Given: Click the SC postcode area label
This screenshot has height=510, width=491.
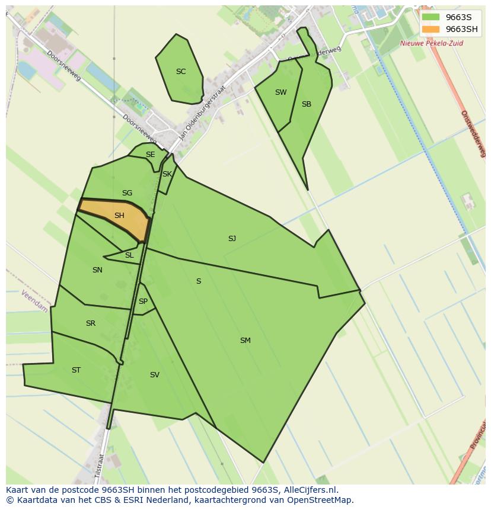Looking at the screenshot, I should coord(181,72).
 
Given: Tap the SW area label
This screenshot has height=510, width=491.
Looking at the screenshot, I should coord(280,92).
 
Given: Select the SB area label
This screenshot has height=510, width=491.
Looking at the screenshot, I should coord(306,104).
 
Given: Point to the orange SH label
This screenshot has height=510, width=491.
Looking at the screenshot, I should coord(119,216).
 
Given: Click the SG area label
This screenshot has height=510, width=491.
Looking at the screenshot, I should coord(127,193).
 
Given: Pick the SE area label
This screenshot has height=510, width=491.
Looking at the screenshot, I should coord(150,155).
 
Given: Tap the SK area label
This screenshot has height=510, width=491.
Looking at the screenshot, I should coord(167,174).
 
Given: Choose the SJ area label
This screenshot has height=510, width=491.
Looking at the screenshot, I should coord(232,239).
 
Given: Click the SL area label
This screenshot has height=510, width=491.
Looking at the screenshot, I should coord(129,255).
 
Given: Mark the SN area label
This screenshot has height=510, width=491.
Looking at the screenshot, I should coord(97,270).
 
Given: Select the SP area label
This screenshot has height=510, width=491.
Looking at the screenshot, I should coord(143,301).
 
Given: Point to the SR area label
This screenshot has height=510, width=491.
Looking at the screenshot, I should coord(90,323).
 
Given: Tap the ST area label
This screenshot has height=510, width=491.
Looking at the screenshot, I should coord(76,370).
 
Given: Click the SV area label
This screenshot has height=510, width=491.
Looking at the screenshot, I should coord(154,375).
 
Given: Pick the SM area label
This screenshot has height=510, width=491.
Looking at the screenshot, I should coord(245,341).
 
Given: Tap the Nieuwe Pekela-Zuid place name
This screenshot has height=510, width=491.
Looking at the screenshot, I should coord(431,43).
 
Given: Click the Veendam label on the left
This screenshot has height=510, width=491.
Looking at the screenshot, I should coord(34,301).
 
